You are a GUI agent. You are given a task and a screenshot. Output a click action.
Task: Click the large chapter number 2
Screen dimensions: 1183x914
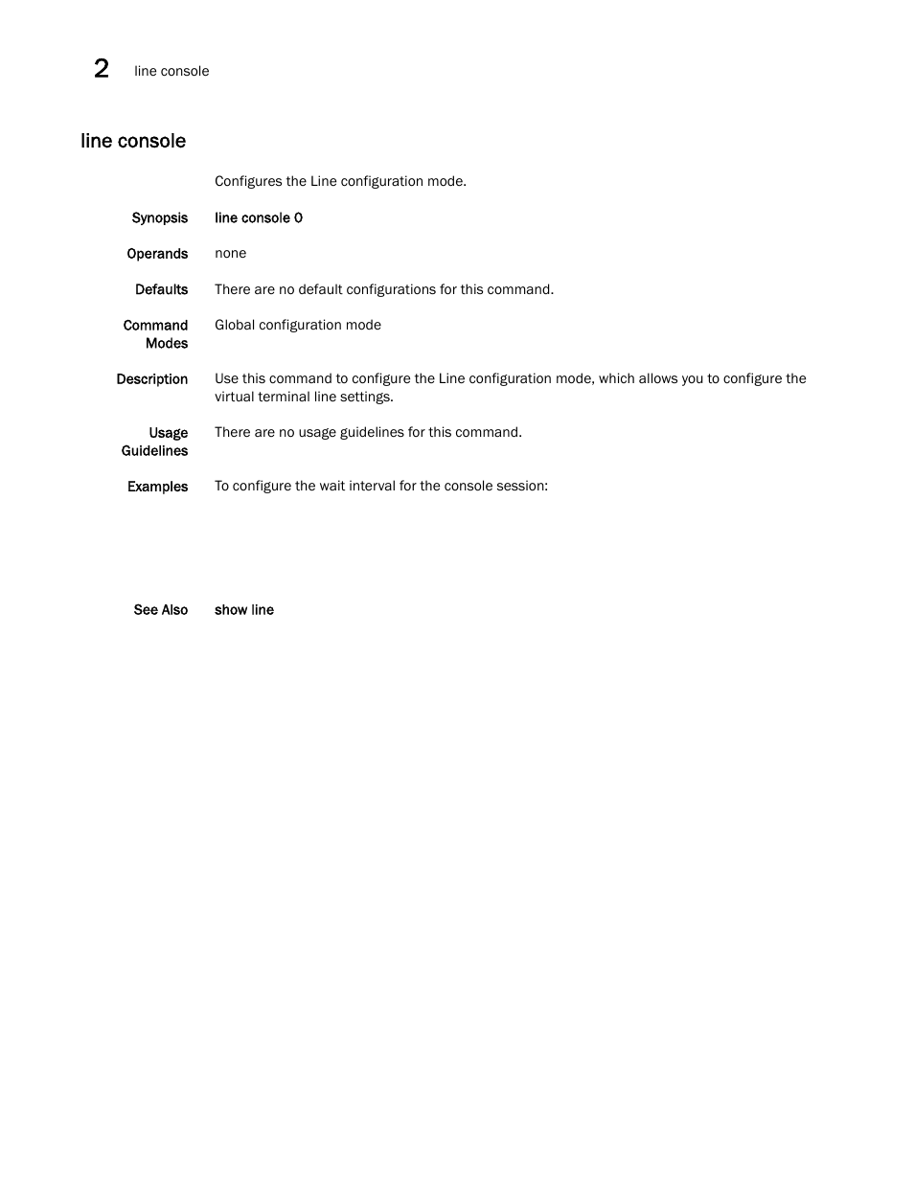tap(102, 68)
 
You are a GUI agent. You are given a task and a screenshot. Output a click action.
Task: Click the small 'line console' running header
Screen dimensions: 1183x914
tap(171, 71)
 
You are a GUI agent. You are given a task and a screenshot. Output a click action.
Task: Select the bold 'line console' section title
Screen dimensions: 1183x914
tap(133, 141)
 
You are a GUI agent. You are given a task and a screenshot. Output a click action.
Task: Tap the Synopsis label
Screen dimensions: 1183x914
tap(159, 218)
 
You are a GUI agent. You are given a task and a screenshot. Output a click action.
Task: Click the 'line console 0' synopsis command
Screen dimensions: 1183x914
tap(259, 218)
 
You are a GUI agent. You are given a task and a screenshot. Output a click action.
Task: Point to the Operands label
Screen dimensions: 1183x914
tap(157, 254)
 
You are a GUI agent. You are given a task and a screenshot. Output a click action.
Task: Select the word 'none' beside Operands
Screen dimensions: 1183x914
tap(230, 254)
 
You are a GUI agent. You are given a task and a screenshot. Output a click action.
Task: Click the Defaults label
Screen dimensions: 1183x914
tap(161, 289)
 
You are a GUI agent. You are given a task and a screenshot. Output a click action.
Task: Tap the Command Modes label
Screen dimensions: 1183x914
tap(155, 334)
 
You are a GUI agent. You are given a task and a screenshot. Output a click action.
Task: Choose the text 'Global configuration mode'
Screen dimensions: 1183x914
tap(298, 326)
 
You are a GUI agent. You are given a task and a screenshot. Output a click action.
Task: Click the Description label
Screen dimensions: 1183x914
tap(151, 379)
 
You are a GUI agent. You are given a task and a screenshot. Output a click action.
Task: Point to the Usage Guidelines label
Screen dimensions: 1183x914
tap(155, 442)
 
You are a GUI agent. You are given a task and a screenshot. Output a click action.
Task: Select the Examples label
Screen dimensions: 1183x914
tap(157, 487)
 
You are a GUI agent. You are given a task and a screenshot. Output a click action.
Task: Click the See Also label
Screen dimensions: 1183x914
tap(160, 610)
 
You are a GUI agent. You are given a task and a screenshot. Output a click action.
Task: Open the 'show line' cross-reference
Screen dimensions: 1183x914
tap(244, 610)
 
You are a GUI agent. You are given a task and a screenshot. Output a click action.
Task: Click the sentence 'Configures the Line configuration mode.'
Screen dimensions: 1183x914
tap(340, 181)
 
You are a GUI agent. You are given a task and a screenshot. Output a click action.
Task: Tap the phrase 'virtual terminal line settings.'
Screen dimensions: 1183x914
tap(304, 397)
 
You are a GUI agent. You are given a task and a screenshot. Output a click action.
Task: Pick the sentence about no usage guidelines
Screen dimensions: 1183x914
tap(368, 432)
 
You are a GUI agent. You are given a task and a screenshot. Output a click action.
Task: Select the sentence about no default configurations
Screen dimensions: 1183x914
tap(384, 289)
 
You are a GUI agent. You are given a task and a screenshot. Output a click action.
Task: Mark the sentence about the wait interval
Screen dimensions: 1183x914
tap(381, 486)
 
